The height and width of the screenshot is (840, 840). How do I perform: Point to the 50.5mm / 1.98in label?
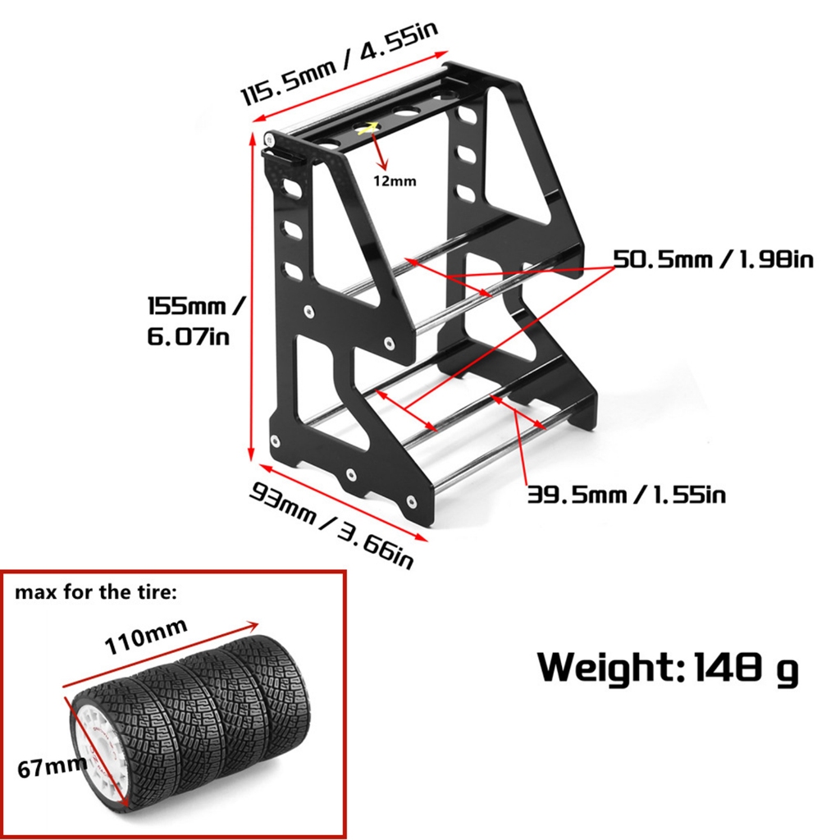pyautogui.click(x=714, y=260)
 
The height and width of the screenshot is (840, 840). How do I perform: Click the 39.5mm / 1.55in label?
pyautogui.click(x=626, y=495)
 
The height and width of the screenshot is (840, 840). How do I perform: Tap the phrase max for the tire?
pyautogui.click(x=95, y=592)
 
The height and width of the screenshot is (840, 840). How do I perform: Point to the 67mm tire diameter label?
pyautogui.click(x=52, y=768)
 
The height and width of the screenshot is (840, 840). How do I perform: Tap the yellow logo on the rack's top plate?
pyautogui.click(x=367, y=127)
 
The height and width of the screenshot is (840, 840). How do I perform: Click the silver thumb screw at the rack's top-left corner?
pyautogui.click(x=271, y=140)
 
